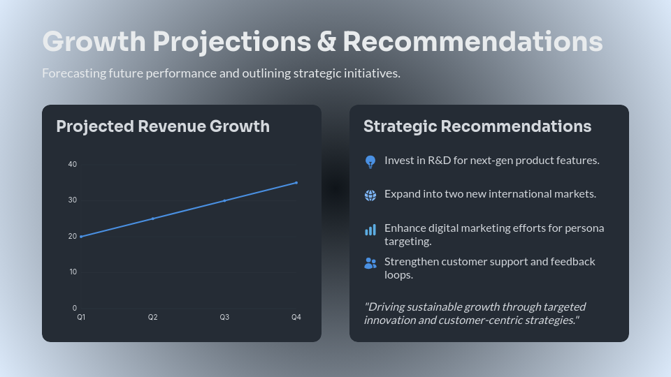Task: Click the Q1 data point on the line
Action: (x=81, y=237)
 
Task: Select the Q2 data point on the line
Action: (x=153, y=219)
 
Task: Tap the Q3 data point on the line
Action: (x=224, y=200)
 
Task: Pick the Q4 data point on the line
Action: (x=296, y=183)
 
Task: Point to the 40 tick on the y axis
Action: (x=73, y=164)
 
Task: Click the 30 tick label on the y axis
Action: (x=73, y=200)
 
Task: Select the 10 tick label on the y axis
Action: (x=73, y=272)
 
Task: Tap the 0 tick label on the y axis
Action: (x=75, y=308)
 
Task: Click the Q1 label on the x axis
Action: (x=81, y=318)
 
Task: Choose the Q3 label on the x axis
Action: (x=224, y=318)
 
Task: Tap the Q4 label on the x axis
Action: (x=296, y=318)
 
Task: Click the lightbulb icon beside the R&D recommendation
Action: (x=370, y=162)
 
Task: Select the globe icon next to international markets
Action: (x=370, y=195)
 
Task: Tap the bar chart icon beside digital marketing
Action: (x=370, y=230)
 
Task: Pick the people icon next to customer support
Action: (x=370, y=263)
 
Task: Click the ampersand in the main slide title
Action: (x=326, y=42)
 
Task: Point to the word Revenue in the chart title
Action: (x=170, y=126)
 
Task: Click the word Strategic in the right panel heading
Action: (x=400, y=126)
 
